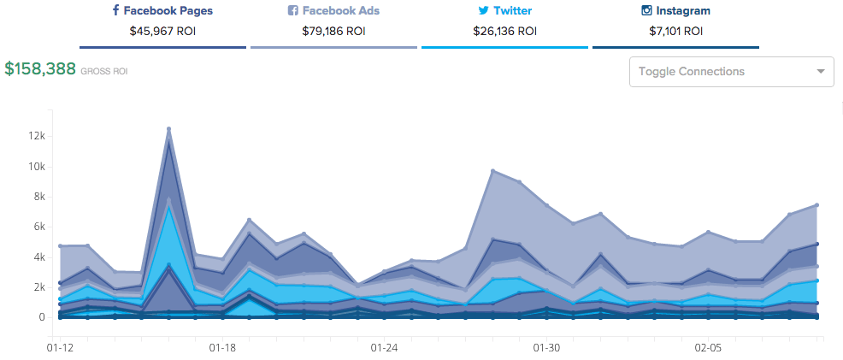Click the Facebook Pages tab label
(168, 11)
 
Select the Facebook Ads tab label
(339, 11)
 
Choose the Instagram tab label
(683, 11)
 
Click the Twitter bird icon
(484, 11)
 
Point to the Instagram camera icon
(647, 11)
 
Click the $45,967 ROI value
(162, 31)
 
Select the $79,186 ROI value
(333, 31)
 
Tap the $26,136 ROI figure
(504, 31)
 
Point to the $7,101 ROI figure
(675, 31)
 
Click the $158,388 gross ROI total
(39, 69)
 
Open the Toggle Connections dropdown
(731, 72)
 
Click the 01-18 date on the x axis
(222, 348)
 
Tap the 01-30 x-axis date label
(546, 348)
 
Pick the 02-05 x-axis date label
(709, 348)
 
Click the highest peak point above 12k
(168, 129)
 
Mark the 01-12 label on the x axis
(60, 348)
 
